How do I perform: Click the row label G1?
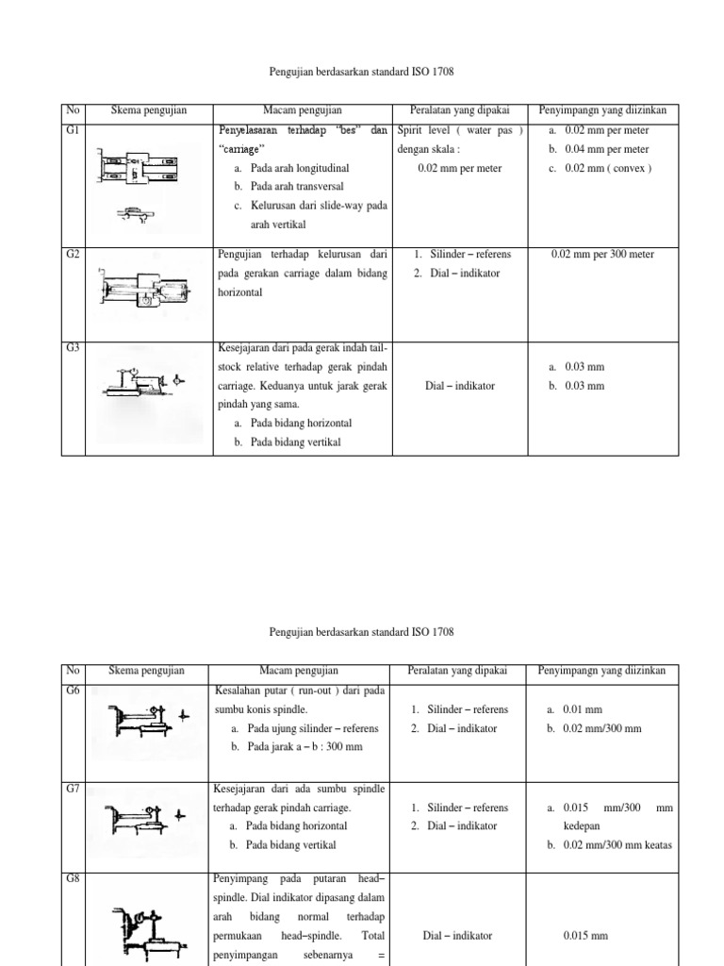[x=71, y=129]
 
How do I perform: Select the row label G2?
[x=71, y=254]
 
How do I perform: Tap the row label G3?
[x=71, y=347]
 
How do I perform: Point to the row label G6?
[x=71, y=690]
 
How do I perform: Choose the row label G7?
[x=71, y=788]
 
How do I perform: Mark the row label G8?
[x=71, y=878]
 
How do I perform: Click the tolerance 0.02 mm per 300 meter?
[x=601, y=254]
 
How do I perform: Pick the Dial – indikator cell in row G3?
[x=460, y=386]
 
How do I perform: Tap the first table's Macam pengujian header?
[x=302, y=110]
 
